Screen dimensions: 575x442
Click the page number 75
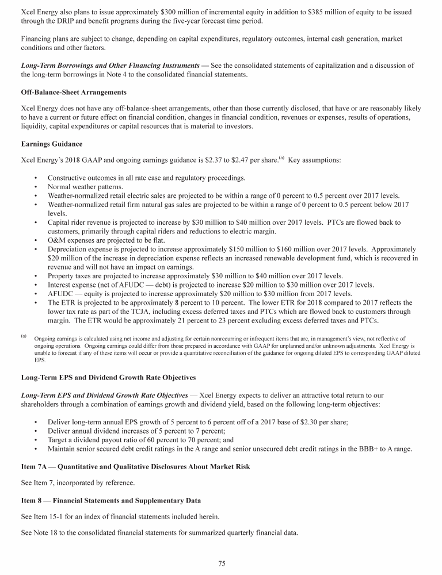[221, 563]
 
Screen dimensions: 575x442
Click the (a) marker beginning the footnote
[24, 335]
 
